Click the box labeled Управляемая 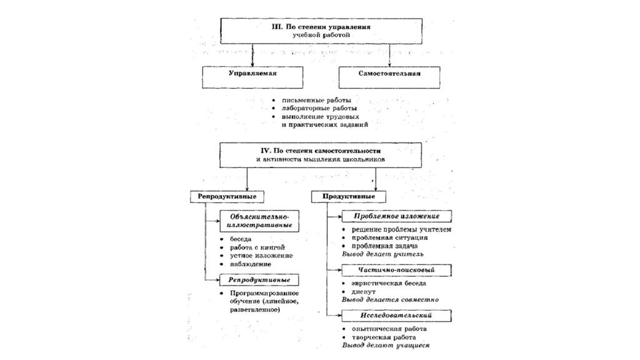[252, 77]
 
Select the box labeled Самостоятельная [389, 77]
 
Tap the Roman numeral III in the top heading [277, 26]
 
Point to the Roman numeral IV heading [265, 151]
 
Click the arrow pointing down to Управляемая [252, 55]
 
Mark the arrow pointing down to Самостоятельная [390, 55]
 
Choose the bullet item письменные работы [316, 100]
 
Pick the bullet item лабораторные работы [319, 108]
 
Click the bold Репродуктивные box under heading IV [227, 197]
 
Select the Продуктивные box [349, 197]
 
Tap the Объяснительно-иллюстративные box [259, 221]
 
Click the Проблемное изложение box [396, 216]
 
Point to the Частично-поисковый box [396, 270]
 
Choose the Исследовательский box [396, 316]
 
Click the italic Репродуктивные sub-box [259, 279]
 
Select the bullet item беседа [241, 239]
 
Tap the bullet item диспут [364, 291]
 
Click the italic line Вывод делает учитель [383, 254]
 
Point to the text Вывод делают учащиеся [386, 345]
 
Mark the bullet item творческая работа [384, 337]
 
